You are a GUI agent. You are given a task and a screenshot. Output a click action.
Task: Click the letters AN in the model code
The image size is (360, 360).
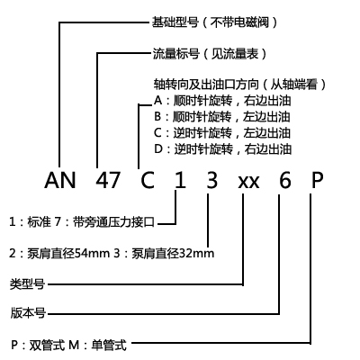point(60,180)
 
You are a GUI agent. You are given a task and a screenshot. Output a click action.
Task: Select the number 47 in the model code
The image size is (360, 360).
point(108,180)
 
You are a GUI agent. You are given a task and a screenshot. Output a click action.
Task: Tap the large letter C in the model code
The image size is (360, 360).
point(148,180)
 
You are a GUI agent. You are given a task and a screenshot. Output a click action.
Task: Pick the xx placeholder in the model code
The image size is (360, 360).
point(248,182)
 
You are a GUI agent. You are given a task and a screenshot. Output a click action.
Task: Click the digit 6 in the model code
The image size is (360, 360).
point(285,180)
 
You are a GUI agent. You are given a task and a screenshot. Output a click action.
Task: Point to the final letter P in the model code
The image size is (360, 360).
point(317,180)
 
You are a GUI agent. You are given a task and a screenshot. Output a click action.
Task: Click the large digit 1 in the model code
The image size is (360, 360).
point(180,180)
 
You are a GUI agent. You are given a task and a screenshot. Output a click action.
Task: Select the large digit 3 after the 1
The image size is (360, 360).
point(212,180)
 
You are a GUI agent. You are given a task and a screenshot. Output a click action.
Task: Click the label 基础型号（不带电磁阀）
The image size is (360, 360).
point(215,22)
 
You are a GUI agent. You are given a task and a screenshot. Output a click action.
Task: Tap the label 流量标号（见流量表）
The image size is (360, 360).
point(211,54)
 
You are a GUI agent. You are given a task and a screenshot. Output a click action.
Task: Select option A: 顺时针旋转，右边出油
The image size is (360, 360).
point(222,101)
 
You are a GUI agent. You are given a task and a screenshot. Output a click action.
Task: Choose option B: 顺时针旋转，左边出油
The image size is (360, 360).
point(222,117)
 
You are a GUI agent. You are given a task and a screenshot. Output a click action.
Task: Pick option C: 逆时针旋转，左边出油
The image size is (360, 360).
point(222,133)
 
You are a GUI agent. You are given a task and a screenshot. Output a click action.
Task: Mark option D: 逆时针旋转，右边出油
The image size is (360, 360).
point(222,149)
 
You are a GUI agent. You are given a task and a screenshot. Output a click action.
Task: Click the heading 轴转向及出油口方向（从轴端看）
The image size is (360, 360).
point(240,85)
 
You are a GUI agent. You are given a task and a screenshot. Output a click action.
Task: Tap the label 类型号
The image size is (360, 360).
point(27,283)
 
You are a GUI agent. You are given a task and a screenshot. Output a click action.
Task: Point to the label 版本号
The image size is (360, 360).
point(28,312)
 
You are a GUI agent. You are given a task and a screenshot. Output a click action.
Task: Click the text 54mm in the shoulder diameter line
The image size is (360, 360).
point(92,254)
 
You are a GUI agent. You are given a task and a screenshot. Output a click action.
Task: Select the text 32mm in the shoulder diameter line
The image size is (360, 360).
point(197,254)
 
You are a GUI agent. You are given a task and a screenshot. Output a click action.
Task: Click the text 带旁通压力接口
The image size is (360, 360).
point(113,222)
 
